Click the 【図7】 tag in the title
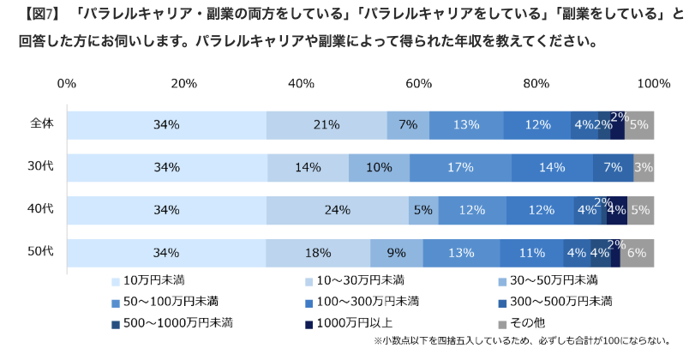(39, 15)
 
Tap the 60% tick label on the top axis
(418, 83)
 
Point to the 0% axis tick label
(67, 83)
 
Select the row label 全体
(42, 123)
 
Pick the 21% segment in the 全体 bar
(327, 124)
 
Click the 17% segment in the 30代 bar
(460, 167)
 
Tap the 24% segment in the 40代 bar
(337, 210)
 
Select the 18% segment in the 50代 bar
(318, 253)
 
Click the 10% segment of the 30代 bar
(379, 167)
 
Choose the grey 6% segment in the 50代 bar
(637, 253)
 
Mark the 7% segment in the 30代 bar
(613, 167)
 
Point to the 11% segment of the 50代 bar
(531, 253)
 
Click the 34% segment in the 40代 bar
(166, 210)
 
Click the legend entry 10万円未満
(153, 280)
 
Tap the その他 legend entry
(528, 323)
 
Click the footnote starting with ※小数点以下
(522, 341)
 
